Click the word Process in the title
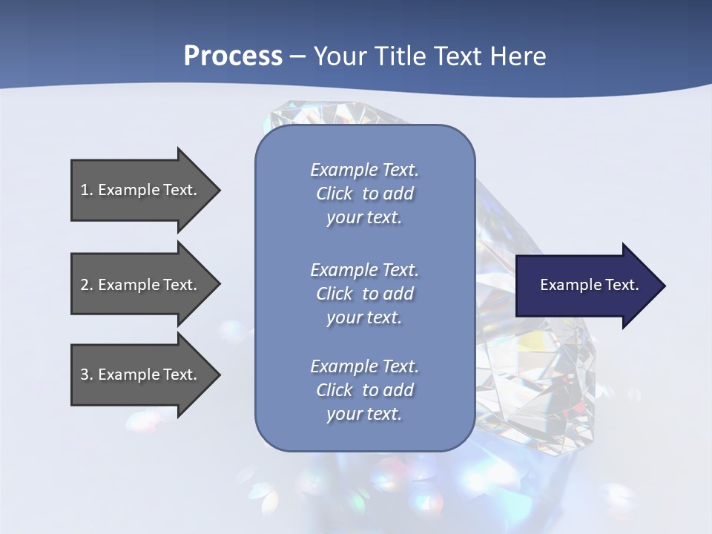coord(233,56)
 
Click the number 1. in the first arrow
coord(87,190)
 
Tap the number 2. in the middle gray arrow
coord(87,285)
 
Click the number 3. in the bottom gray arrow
coord(87,375)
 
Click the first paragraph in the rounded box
coord(364,194)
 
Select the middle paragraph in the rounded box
coord(364,293)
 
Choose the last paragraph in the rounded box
coord(364,390)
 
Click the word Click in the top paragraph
coord(334,194)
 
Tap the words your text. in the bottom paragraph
coord(364,414)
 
